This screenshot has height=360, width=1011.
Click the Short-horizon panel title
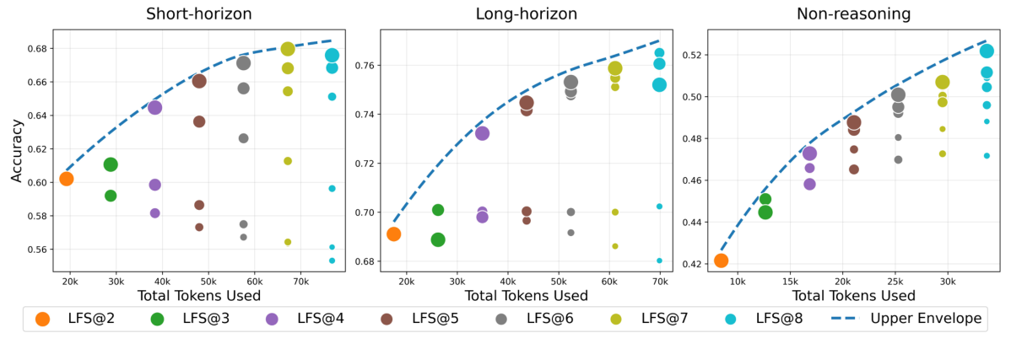pos(198,13)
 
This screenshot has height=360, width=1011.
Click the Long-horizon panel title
pos(526,13)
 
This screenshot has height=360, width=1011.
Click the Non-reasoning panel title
pos(853,13)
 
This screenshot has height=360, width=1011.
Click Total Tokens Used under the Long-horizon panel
pos(526,296)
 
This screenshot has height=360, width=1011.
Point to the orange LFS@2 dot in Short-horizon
pos(67,179)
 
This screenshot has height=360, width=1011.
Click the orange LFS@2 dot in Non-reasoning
pos(721,261)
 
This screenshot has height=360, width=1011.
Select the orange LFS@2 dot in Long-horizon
pos(393,234)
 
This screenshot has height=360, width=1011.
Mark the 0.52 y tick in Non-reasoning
pos(691,55)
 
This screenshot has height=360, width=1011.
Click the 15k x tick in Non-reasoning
pos(790,281)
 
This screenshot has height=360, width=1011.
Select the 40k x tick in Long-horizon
pos(507,281)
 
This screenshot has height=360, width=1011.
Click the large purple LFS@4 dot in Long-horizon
pos(482,133)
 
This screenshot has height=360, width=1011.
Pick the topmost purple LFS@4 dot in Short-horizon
pos(154,108)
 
